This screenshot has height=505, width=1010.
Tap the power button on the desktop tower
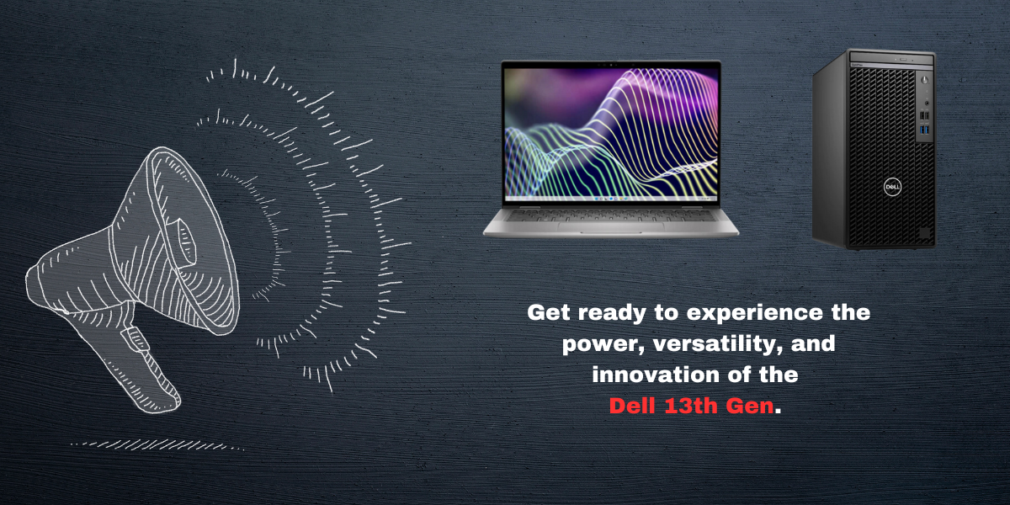point(924,80)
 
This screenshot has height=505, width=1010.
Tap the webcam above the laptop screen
point(611,64)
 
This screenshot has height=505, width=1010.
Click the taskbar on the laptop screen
point(611,199)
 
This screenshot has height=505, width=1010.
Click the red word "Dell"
point(632,406)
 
